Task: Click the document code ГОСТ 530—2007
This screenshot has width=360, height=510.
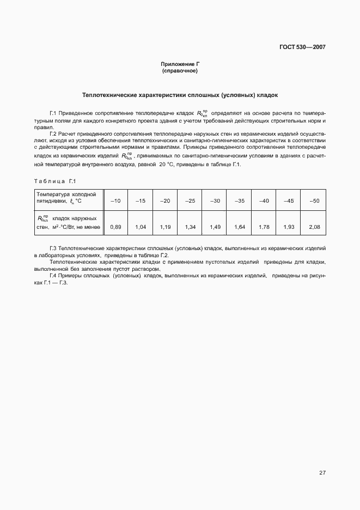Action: point(303,47)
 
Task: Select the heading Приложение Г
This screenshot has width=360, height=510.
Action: point(180,65)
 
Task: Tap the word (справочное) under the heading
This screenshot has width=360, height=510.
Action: point(180,71)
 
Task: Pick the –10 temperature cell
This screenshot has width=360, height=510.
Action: point(115,201)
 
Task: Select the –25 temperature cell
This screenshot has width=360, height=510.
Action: point(190,201)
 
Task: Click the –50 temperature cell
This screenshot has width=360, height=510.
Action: point(314,201)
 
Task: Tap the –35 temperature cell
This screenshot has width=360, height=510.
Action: point(240,201)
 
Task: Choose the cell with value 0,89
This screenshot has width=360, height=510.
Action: point(115,226)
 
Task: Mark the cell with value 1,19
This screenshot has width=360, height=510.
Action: point(165,226)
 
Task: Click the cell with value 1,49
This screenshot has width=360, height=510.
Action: point(215,226)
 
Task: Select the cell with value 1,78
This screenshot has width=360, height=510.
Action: point(264,226)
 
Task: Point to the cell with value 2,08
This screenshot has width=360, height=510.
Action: point(314,226)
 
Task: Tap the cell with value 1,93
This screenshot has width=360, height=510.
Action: point(289,226)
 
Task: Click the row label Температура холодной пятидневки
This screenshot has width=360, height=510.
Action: point(66,197)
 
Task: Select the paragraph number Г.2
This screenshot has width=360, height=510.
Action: point(53,133)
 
